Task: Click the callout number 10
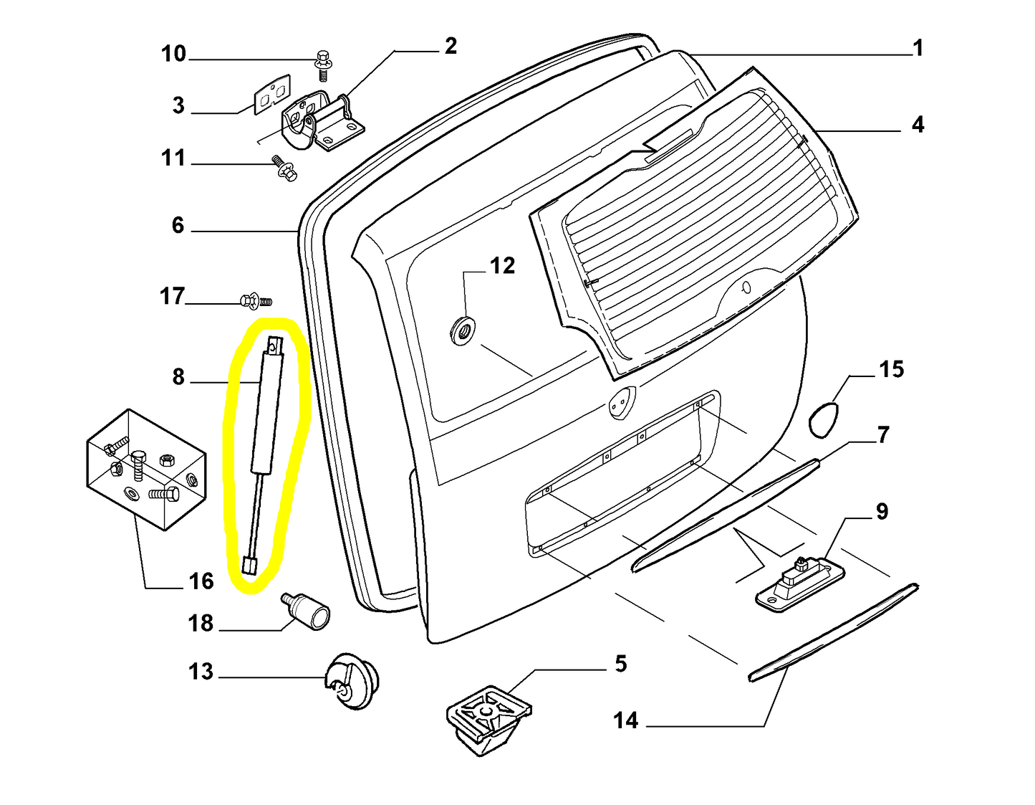click(x=173, y=54)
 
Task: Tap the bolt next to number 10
click(x=322, y=65)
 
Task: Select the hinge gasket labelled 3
click(x=272, y=94)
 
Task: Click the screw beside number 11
click(x=284, y=168)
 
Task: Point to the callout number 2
click(x=451, y=46)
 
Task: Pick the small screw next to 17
click(x=254, y=300)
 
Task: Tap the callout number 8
click(x=178, y=377)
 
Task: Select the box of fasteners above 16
click(x=147, y=470)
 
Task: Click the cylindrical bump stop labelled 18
click(x=309, y=611)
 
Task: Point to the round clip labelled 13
click(x=352, y=681)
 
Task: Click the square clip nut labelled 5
click(x=487, y=717)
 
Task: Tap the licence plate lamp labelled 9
click(x=801, y=580)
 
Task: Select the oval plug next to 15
click(x=823, y=419)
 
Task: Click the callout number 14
click(x=625, y=720)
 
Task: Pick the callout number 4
click(x=918, y=125)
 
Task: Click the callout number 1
click(x=918, y=49)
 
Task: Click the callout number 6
click(x=178, y=225)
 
